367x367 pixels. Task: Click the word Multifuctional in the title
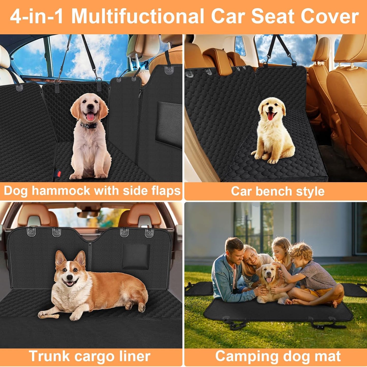tap(137, 17)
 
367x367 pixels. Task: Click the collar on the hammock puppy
tap(89, 125)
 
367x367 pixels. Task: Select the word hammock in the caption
tap(61, 191)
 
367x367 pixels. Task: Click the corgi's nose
tap(68, 278)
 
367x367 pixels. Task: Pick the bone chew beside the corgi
tap(49, 316)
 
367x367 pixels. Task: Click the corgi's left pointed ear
tap(60, 258)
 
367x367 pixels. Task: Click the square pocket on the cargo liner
tap(136, 257)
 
